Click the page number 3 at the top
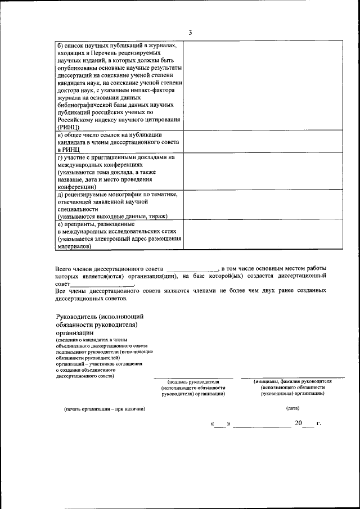pos(190,32)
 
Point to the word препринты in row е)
pos(82,223)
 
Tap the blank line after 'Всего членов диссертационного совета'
pos(192,269)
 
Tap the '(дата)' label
pos(292,408)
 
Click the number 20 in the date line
pos(298,423)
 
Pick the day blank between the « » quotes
pos(220,424)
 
